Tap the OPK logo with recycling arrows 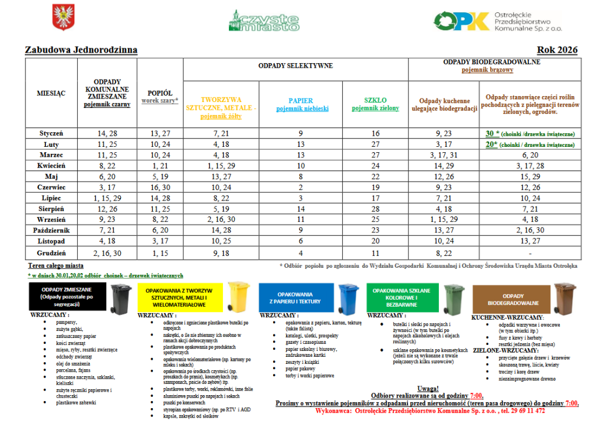click(x=462, y=21)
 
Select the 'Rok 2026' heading click(x=557, y=50)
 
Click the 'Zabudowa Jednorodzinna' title click(x=81, y=50)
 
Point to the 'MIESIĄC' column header click(x=51, y=93)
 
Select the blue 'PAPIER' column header click(x=301, y=101)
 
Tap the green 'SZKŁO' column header click(x=375, y=101)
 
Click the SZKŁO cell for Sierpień click(x=376, y=209)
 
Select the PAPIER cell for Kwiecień click(x=301, y=166)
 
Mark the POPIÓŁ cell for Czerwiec click(x=160, y=188)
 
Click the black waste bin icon click(x=122, y=298)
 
